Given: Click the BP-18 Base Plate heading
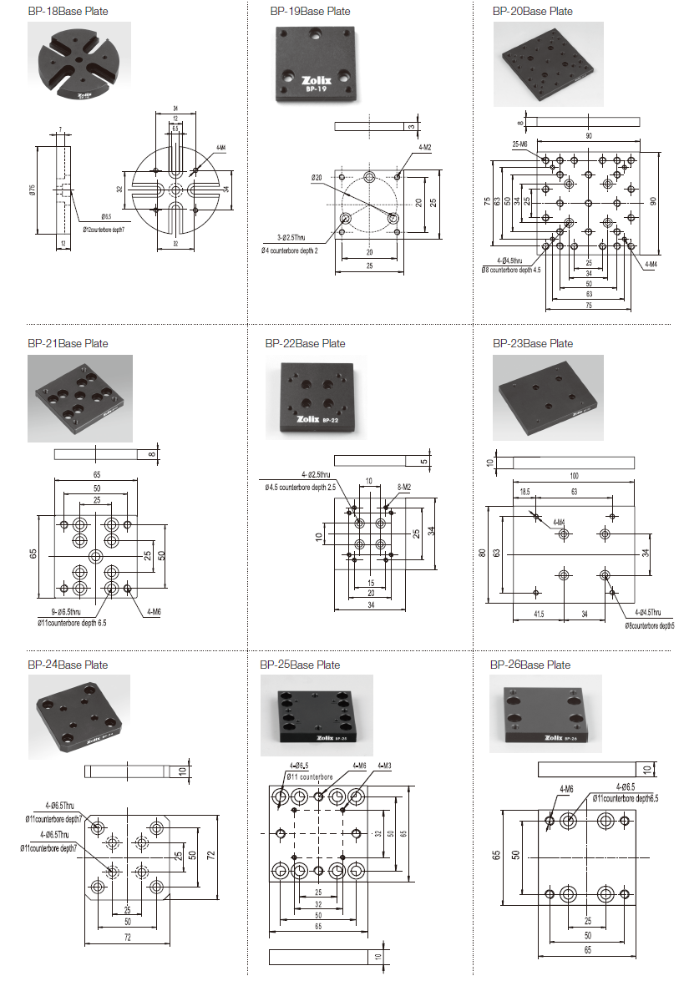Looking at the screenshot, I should pos(68,12).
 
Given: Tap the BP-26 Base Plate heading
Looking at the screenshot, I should pos(531,665).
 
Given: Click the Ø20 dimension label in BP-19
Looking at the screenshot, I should pos(317,177).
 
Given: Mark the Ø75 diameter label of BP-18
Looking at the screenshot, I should pos(33,190).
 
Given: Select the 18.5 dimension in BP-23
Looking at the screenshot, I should pos(524,493).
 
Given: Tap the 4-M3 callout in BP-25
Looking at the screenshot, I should pos(385,765).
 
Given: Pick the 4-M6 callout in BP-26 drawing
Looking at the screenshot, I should pos(567,788).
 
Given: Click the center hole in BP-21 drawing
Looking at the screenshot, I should pos(95,556).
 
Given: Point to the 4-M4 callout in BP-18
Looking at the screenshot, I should pos(220,148).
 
